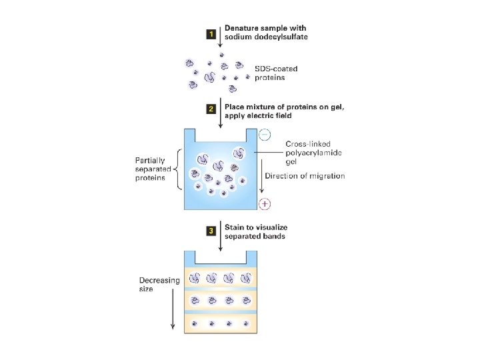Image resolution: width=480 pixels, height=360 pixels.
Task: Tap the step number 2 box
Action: coord(211,107)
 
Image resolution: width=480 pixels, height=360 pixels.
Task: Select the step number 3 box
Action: coord(211,231)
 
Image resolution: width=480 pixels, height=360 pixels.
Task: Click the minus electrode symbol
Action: coord(264,135)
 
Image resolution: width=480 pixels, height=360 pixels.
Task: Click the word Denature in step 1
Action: coord(242,28)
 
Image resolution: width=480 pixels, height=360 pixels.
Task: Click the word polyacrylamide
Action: coord(310,153)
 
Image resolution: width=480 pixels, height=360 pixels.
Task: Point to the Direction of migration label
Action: coord(305,176)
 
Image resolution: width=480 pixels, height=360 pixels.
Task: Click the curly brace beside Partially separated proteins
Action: coord(177,169)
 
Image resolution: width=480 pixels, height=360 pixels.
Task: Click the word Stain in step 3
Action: coord(236,227)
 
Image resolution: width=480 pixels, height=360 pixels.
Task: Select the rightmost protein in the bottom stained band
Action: coord(245,324)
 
